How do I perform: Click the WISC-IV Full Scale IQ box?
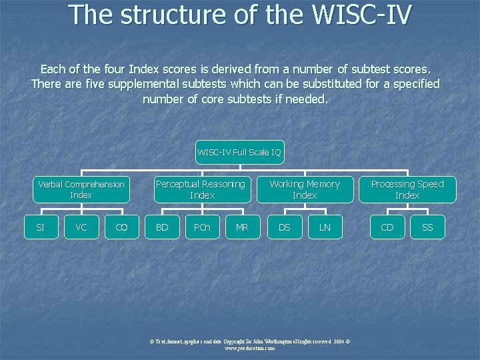point(239,153)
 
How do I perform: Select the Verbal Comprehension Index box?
point(81,189)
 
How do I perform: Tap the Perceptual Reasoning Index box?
point(202,189)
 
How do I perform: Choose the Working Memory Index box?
point(305,189)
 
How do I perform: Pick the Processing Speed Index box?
point(407,189)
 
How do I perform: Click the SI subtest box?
point(40,227)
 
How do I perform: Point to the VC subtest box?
point(81,227)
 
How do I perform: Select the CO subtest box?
point(121,227)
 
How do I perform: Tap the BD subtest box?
point(162,227)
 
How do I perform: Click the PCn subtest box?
point(202,227)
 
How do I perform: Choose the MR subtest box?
point(242,227)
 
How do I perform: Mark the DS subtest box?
point(285,227)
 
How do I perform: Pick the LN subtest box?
point(325,227)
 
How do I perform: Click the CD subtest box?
point(387,227)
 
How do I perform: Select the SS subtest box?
point(427,227)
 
